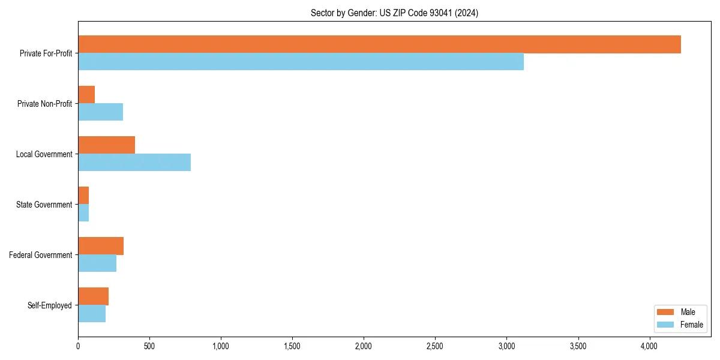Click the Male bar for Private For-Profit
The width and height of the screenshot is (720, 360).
coord(379,44)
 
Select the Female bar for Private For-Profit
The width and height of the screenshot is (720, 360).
coord(301,62)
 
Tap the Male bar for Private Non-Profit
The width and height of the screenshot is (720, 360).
coord(86,95)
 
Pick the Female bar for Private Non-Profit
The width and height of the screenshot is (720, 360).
coord(100,112)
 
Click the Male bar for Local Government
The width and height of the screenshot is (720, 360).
coord(106,145)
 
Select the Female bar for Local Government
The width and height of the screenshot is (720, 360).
coord(134,163)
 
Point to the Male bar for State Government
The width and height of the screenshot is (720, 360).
coord(83,196)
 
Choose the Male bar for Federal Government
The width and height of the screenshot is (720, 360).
coord(101,246)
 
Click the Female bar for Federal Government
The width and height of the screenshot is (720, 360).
coord(97,263)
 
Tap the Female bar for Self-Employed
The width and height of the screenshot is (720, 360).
coord(92,314)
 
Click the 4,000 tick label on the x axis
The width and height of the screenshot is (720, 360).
coord(649,346)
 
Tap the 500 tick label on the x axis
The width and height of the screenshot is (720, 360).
coord(149,346)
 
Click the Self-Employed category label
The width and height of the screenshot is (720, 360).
coord(50,305)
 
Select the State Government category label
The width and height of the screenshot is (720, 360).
coord(44,205)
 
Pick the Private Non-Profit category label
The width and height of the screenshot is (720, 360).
coord(44,104)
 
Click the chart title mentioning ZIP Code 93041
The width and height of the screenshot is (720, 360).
coord(394,13)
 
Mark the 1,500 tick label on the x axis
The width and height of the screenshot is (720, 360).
coord(292,346)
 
